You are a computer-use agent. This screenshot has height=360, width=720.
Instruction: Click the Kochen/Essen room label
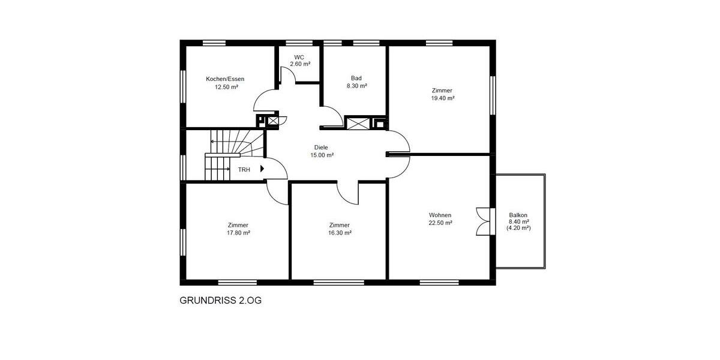pos(225,79)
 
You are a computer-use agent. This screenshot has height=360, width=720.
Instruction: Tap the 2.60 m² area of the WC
pos(300,64)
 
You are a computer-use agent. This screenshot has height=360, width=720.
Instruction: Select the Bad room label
pos(356,78)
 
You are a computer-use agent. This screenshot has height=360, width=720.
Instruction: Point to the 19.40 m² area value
pos(442,98)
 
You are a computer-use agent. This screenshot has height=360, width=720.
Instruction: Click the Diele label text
pos(322,147)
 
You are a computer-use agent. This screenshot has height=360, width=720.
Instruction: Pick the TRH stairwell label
pos(244,170)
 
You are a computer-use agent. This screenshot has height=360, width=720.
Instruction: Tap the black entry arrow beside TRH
pos(262,169)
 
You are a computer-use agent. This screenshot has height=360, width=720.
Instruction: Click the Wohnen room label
pos(440,215)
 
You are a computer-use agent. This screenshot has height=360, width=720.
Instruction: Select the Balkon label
pos(518,215)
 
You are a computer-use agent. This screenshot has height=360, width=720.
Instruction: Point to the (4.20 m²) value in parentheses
pos(518,228)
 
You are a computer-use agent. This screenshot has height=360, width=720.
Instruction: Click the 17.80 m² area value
pos(238,233)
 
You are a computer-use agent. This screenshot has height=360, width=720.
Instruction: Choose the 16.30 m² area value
pos(340,233)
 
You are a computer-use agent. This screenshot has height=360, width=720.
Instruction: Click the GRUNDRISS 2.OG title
pos(220,300)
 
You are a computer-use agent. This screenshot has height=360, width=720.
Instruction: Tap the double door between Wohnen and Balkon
pos(483,221)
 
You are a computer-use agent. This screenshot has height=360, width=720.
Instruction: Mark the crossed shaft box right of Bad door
pos(357,123)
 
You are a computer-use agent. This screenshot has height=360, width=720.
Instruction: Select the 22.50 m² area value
pos(440,222)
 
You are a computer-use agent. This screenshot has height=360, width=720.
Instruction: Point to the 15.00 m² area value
pos(322,155)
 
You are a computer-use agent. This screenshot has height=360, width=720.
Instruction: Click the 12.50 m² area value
pos(226,86)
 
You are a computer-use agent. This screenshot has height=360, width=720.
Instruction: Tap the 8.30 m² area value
pos(356,86)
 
